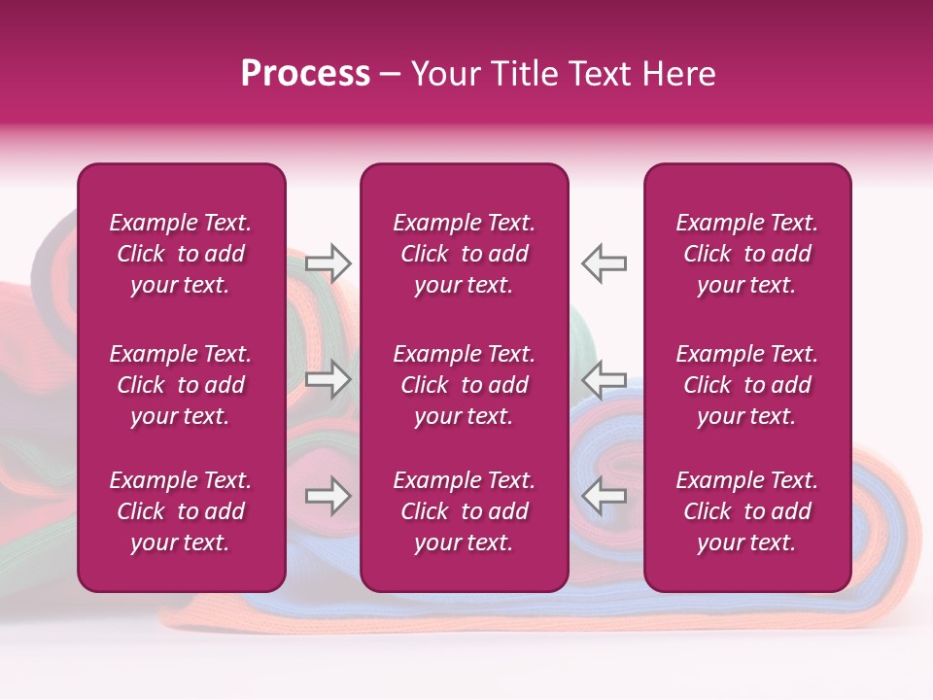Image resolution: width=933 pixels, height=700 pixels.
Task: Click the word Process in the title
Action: (x=305, y=74)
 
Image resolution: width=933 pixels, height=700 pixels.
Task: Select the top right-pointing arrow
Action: (x=328, y=262)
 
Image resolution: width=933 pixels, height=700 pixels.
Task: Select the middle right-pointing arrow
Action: (x=328, y=379)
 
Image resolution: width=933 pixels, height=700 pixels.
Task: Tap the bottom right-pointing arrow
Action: (x=328, y=497)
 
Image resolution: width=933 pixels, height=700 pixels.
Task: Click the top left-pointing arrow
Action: (x=604, y=262)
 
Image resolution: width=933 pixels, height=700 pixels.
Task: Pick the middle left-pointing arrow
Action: (x=604, y=379)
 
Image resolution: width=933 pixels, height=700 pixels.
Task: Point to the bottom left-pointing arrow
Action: (x=604, y=497)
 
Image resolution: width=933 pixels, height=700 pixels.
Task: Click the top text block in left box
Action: (x=181, y=254)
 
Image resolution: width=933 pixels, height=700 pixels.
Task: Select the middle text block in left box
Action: (x=181, y=385)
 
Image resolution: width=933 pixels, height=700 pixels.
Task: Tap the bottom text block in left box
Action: (x=181, y=511)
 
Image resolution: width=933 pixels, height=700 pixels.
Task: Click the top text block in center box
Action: (x=465, y=254)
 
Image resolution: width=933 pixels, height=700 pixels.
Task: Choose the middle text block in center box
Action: (x=465, y=385)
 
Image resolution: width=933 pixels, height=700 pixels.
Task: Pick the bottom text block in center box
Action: (x=465, y=511)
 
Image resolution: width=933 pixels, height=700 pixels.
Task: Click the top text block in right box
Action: (x=747, y=254)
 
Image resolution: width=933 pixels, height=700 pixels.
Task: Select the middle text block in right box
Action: (x=747, y=385)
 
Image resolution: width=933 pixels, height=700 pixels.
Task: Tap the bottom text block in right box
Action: (x=747, y=511)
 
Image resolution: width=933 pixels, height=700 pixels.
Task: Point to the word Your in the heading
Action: (x=444, y=74)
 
